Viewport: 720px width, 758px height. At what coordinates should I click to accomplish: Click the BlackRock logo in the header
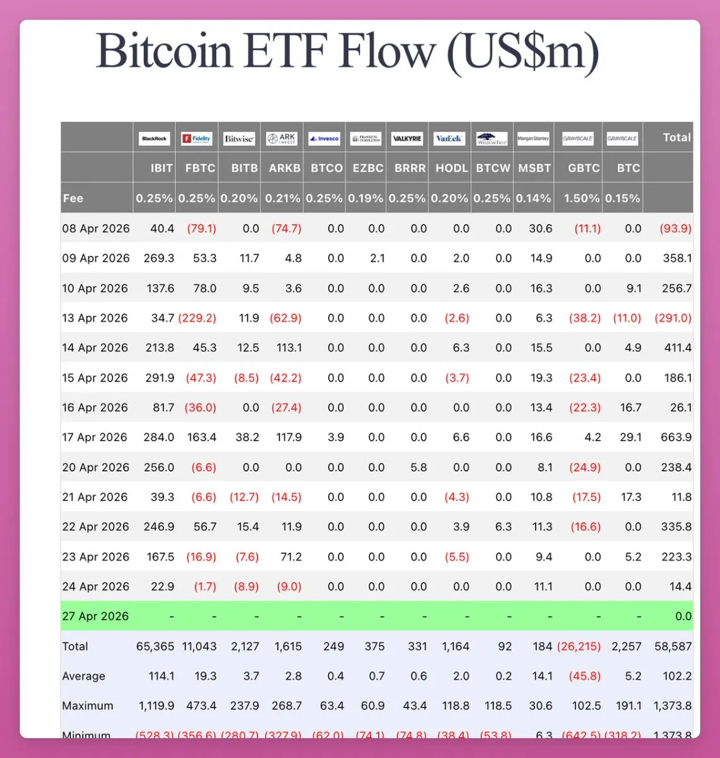pos(155,138)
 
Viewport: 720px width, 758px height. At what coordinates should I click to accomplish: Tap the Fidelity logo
pos(197,138)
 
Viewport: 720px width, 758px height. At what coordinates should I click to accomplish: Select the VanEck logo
pos(449,138)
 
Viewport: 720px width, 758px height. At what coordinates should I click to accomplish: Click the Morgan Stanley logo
pos(533,138)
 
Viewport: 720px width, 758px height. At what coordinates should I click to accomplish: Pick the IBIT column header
pos(162,168)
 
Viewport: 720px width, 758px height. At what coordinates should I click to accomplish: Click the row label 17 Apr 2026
pos(95,437)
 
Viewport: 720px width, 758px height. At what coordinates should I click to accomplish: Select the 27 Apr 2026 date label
pos(95,617)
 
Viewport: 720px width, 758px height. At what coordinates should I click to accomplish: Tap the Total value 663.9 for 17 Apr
pos(676,437)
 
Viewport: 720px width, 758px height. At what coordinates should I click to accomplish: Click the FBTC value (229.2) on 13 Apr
pos(197,318)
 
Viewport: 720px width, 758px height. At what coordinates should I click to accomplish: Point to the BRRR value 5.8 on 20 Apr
pos(418,467)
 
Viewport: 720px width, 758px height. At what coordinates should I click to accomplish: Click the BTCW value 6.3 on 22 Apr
pos(503,527)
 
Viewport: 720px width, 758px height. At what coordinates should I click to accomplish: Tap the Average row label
pos(83,677)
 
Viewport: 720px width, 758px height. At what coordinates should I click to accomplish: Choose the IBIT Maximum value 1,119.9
pos(155,706)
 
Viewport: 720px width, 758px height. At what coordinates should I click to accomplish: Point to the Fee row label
pos(73,198)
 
